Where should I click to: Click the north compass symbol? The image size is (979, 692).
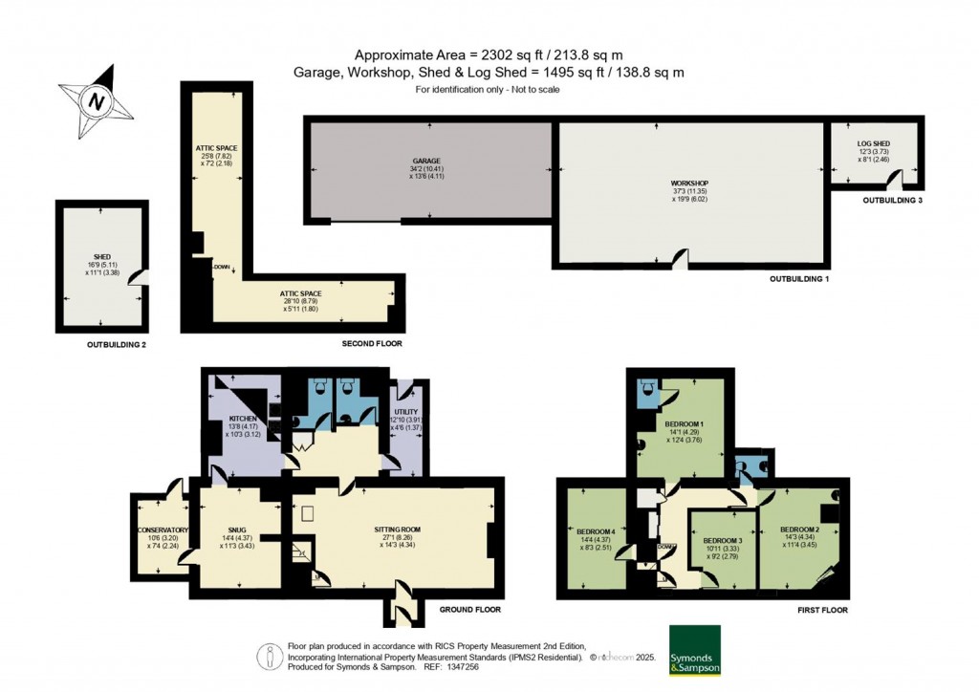tap(96, 99)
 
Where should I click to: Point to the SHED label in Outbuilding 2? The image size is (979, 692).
tap(102, 257)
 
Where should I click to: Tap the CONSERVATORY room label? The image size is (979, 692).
tap(163, 530)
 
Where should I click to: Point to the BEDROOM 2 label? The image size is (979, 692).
tap(799, 530)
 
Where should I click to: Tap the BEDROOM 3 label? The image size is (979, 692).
tap(723, 540)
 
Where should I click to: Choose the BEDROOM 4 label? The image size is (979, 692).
tap(596, 531)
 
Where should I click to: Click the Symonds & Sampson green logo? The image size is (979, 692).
tap(695, 651)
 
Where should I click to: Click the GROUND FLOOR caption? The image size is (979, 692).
tap(469, 609)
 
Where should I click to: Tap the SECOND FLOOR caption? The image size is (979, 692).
tap(372, 343)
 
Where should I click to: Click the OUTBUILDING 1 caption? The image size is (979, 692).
tap(800, 278)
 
